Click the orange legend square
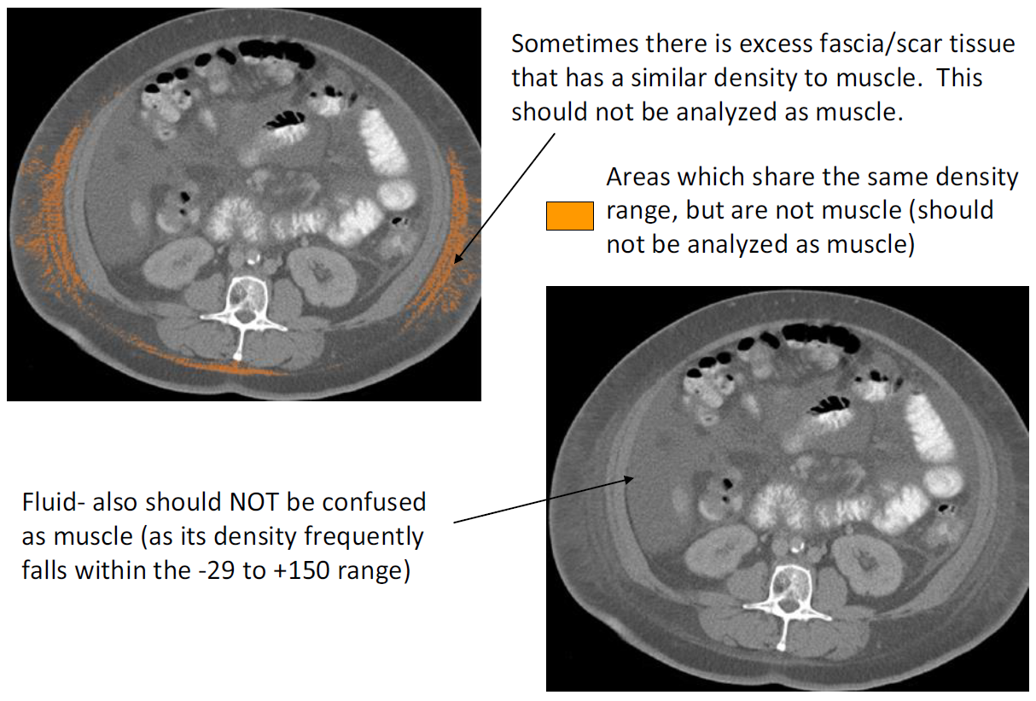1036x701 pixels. click(x=570, y=216)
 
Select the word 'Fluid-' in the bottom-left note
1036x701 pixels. click(x=54, y=502)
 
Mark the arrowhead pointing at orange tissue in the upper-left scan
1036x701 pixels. click(x=457, y=258)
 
